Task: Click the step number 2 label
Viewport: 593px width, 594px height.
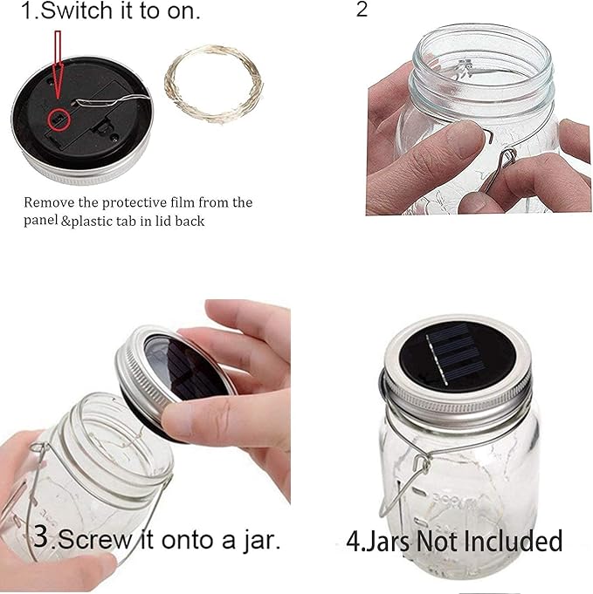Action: [x=363, y=11]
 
